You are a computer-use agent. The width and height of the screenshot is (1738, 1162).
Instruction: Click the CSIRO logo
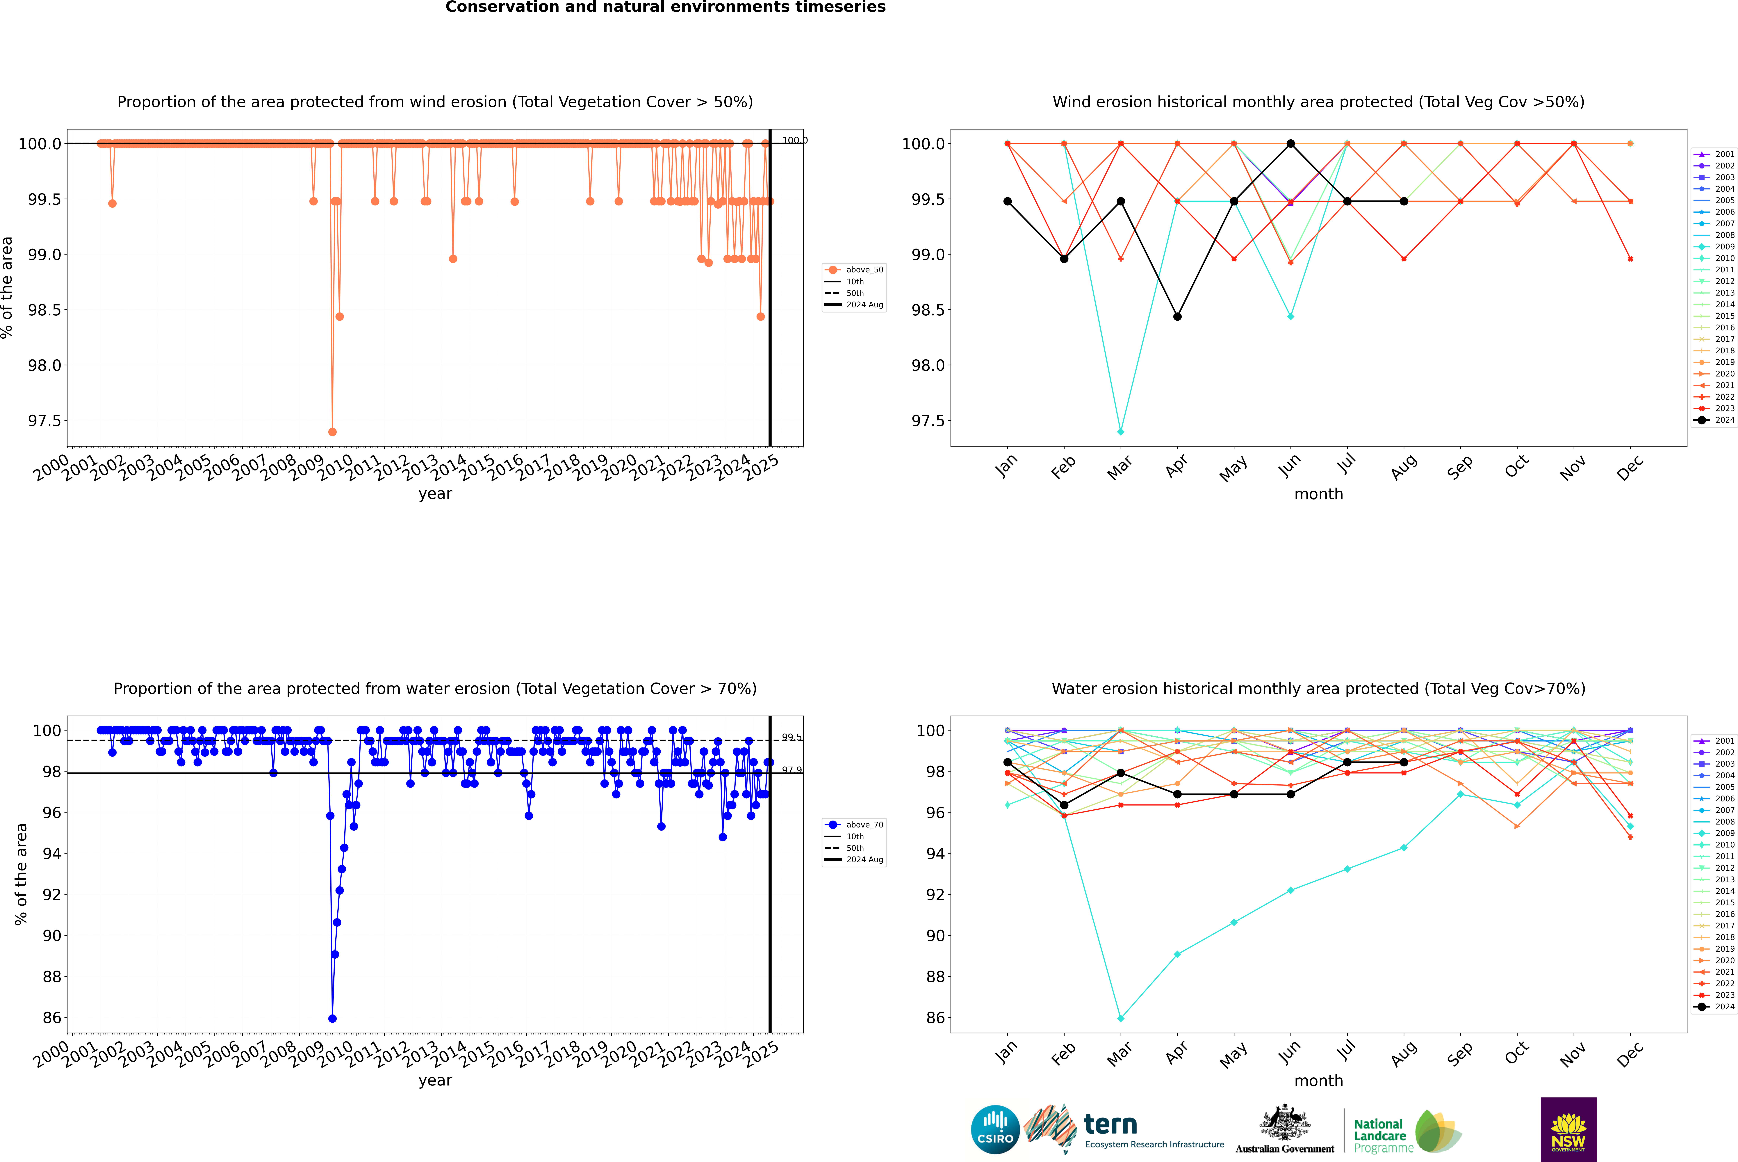995,1129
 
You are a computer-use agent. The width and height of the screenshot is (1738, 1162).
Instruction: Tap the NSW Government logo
1568,1129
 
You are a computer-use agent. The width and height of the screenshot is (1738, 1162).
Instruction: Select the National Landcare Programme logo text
1379,1135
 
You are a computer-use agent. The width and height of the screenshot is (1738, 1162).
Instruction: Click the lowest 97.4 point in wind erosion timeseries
332,431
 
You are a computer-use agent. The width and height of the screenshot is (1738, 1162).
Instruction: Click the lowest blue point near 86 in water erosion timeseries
332,1018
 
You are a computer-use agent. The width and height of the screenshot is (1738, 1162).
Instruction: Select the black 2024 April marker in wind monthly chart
1177,317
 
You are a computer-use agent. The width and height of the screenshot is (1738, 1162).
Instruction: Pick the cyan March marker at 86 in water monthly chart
1120,1018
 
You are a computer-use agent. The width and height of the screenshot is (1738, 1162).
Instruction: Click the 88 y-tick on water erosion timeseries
52,977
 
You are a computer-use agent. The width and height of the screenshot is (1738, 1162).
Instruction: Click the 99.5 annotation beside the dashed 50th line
791,737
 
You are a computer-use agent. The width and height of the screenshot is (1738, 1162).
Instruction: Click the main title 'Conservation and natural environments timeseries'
665,7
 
